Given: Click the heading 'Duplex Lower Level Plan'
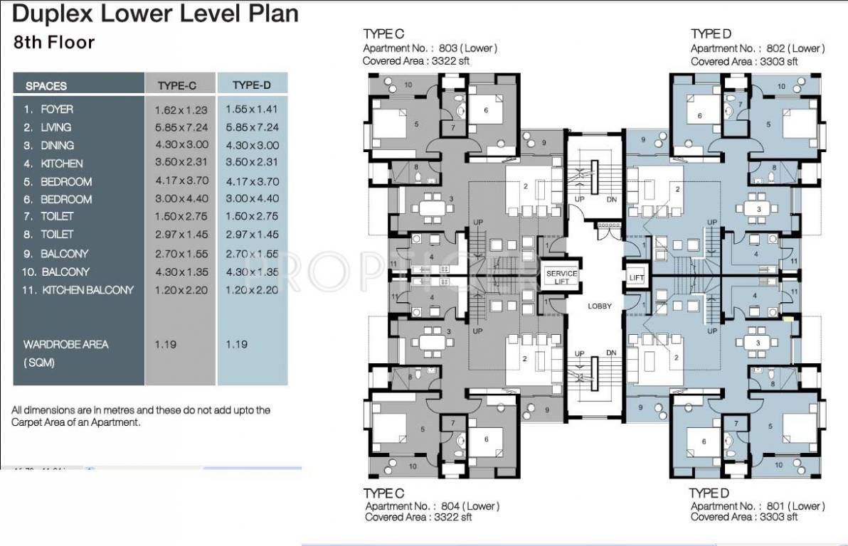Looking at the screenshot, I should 156,14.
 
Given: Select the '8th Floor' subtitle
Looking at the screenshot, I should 54,42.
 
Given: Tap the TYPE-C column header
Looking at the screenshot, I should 176,85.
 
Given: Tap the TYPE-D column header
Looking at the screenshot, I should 251,85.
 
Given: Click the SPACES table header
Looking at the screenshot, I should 46,86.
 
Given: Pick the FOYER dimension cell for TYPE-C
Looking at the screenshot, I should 181,109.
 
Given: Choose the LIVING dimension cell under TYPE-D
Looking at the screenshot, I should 252,127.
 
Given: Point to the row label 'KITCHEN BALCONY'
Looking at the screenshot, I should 78,290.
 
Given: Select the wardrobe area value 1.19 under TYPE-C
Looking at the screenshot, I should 165,344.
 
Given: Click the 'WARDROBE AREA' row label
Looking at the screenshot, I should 66,344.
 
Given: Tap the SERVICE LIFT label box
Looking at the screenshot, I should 561,277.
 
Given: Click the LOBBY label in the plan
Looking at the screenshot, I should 600,306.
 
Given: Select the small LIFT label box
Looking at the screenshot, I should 636,278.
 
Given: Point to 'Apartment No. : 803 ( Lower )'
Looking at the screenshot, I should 430,48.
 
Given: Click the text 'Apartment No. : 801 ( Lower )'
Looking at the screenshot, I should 757,506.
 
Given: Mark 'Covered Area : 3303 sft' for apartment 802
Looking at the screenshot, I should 744,62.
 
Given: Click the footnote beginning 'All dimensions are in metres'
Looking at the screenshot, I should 141,416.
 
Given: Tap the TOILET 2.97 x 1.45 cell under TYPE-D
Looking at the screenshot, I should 252,235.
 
